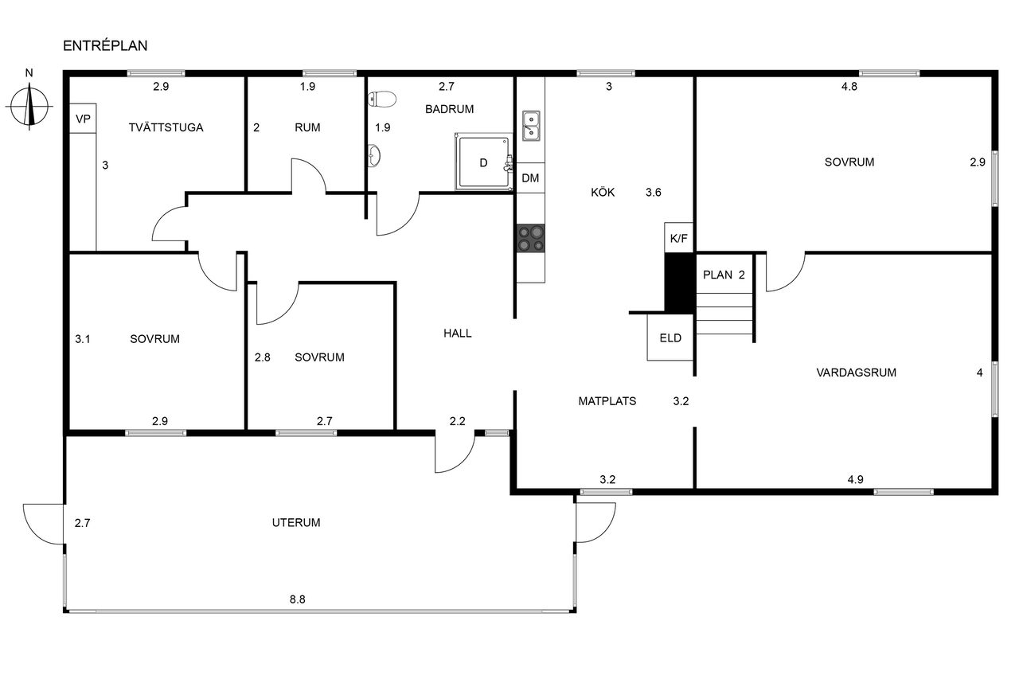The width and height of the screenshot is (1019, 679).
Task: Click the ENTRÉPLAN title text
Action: coord(105,46)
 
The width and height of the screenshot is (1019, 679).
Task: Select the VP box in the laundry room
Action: coord(83,119)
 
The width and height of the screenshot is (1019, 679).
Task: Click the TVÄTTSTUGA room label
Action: coord(166,127)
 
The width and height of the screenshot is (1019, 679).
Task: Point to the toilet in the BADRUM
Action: coord(383,100)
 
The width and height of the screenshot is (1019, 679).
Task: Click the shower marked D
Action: coord(482,162)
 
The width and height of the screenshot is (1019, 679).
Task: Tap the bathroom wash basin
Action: coord(374,157)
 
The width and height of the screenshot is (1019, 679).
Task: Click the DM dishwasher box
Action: coord(530,178)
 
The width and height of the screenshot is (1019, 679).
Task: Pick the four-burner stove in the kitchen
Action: coord(531,238)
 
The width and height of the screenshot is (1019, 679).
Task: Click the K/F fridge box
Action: coord(678,237)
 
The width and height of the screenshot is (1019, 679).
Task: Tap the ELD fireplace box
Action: coord(670,338)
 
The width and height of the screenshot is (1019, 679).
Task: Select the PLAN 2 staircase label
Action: coord(724,275)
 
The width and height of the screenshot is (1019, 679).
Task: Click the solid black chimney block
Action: coord(679,283)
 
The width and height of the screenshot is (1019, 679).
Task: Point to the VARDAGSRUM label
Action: coord(856,372)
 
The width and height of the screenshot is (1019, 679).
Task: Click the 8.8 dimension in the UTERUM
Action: coord(297,599)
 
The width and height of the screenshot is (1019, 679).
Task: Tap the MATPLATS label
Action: coord(607,401)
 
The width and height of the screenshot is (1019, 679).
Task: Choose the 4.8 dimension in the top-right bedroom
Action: coord(849,88)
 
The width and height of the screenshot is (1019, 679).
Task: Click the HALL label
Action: coord(458,334)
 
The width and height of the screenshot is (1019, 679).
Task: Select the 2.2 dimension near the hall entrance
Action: coord(457,420)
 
